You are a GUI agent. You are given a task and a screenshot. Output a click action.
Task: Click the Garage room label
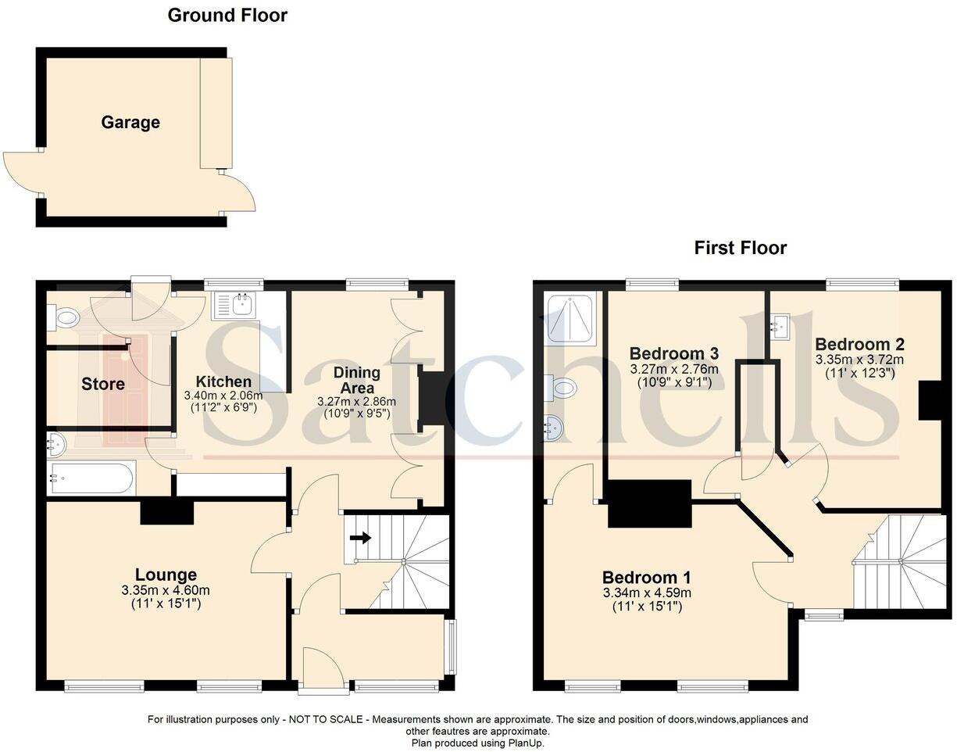[x=130, y=123]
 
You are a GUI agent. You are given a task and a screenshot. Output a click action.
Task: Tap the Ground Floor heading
[x=227, y=16]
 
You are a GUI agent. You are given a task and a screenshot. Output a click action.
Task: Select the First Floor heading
[x=741, y=248]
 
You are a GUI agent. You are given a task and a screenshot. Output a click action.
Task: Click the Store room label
[x=103, y=384]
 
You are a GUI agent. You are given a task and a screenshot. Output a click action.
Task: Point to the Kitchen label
[x=223, y=381]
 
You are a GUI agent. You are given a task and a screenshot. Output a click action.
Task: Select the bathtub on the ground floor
[x=91, y=478]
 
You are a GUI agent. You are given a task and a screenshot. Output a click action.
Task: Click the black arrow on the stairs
[x=360, y=538]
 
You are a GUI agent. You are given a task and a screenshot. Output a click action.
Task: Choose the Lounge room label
[x=166, y=575]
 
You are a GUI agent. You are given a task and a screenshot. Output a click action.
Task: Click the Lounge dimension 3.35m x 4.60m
[x=166, y=590]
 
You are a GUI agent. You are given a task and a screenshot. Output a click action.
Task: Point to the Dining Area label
[x=357, y=380]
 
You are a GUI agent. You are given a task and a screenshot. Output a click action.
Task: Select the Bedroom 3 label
[x=674, y=353]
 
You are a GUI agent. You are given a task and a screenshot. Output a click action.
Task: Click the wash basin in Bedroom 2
[x=779, y=327]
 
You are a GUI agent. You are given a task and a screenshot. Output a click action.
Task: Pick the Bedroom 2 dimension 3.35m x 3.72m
[x=859, y=360]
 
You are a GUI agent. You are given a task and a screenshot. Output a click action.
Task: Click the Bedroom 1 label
[x=647, y=577]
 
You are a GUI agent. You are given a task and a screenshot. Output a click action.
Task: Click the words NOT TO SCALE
[x=326, y=719]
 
